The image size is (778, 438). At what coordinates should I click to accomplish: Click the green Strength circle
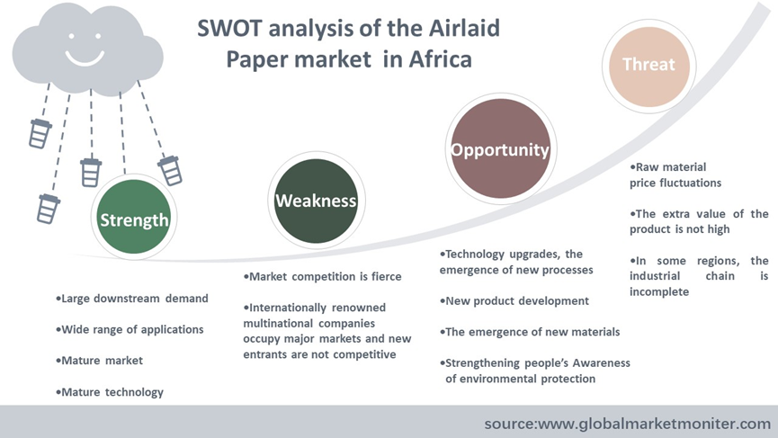[x=133, y=217]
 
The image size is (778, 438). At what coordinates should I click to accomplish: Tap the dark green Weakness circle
[x=316, y=201]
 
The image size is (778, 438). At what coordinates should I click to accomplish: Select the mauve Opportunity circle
[x=501, y=148]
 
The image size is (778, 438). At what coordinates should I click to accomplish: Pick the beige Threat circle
[x=649, y=67]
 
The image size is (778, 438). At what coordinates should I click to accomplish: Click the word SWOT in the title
[x=229, y=28]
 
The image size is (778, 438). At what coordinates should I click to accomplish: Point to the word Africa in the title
[x=440, y=59]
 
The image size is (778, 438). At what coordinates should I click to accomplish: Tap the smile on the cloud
[x=85, y=58]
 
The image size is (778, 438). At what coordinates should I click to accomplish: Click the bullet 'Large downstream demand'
[x=132, y=299]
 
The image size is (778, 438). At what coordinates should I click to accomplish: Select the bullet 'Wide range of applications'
[x=130, y=330]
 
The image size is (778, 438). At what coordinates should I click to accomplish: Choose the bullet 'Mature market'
[x=99, y=361]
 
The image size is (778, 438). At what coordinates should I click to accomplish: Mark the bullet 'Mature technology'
[x=110, y=392]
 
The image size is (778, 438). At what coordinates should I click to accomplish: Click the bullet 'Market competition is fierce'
[x=323, y=277]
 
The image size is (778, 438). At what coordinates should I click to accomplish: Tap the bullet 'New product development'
[x=514, y=301]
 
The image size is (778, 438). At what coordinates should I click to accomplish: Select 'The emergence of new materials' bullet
[x=530, y=332]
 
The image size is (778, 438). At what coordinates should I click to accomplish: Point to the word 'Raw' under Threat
[x=647, y=167]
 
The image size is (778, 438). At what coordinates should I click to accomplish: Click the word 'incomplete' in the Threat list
[x=659, y=291]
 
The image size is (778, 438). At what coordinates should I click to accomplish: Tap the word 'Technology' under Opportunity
[x=475, y=255]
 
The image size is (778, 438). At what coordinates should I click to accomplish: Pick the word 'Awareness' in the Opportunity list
[x=602, y=363]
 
